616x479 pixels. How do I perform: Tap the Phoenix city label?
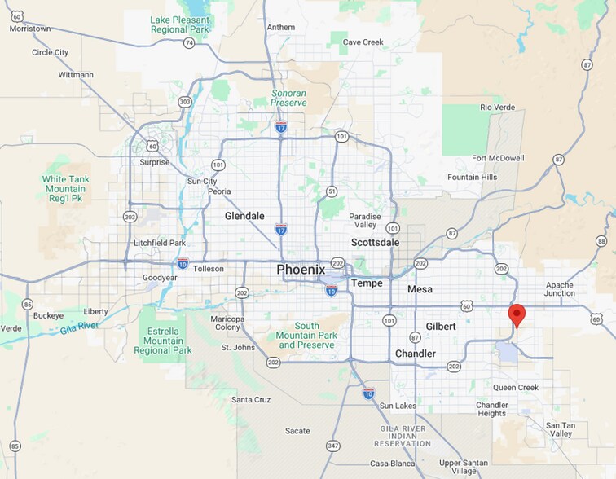pyautogui.click(x=301, y=270)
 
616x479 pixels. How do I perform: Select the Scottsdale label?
pyautogui.click(x=375, y=242)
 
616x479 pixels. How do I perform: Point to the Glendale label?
pyautogui.click(x=244, y=216)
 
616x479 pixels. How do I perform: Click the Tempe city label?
pyautogui.click(x=366, y=283)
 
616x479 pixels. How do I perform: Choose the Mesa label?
pyautogui.click(x=420, y=289)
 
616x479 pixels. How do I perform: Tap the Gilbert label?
pyautogui.click(x=441, y=326)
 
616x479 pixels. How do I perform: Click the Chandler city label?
pyautogui.click(x=416, y=354)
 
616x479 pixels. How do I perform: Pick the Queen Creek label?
pyautogui.click(x=516, y=387)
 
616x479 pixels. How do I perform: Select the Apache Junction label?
pyautogui.click(x=560, y=289)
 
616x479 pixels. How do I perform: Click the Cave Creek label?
pyautogui.click(x=363, y=42)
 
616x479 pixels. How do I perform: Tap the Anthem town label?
pyautogui.click(x=281, y=27)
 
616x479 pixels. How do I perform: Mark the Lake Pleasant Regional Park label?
pyautogui.click(x=180, y=24)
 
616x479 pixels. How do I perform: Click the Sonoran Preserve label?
pyautogui.click(x=289, y=98)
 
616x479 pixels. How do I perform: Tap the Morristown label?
pyautogui.click(x=29, y=29)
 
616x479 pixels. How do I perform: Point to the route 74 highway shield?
pyautogui.click(x=189, y=42)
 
